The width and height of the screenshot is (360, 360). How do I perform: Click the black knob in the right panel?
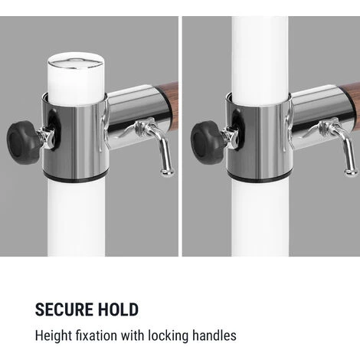click(205, 142)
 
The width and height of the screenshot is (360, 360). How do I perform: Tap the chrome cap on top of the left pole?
click(76, 63)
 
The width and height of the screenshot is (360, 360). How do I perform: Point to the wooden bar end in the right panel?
click(350, 99)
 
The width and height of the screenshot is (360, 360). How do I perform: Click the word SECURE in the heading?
click(64, 309)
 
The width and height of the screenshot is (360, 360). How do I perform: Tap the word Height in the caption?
click(54, 335)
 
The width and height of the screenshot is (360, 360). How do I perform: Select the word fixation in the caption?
click(97, 335)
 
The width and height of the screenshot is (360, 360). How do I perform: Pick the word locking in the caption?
click(169, 335)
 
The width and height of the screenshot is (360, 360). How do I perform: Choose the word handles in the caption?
click(214, 335)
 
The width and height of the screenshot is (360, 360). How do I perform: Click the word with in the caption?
click(133, 335)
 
